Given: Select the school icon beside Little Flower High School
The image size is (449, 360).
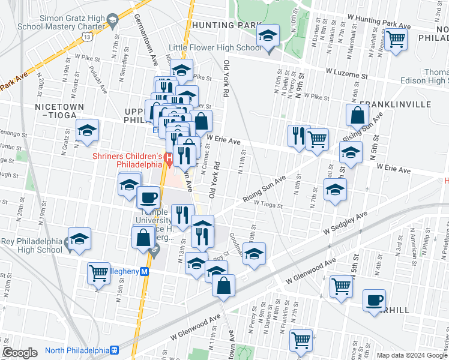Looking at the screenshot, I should [268, 37].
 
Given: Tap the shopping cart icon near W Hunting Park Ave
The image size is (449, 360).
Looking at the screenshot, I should [396, 40].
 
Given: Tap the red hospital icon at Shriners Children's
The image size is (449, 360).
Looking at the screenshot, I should [169, 160].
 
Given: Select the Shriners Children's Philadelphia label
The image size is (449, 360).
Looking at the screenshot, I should [127, 160].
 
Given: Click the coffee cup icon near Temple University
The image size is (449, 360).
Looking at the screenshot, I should [148, 197].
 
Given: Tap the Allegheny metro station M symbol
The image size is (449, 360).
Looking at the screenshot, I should [152, 271].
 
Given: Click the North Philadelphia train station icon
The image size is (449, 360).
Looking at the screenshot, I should [113, 350].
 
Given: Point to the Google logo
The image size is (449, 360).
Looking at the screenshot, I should [20, 353].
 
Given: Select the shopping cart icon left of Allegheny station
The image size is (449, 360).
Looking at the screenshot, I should [99, 273].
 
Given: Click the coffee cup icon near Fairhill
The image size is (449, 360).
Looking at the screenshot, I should [375, 299].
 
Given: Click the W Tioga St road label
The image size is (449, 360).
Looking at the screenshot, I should [268, 203].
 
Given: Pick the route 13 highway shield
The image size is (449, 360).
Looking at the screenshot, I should [88, 37].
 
